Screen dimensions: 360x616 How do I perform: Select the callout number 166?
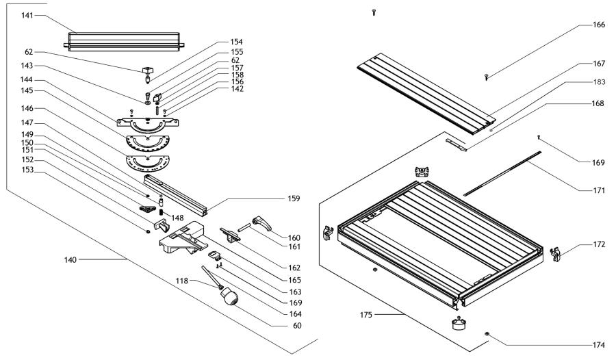click(x=598, y=25)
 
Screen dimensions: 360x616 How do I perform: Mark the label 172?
click(x=598, y=244)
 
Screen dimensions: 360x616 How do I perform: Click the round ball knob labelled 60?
click(x=229, y=296)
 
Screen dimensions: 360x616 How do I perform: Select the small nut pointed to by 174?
click(x=487, y=333)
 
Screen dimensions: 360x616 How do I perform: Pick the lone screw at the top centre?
click(x=374, y=12)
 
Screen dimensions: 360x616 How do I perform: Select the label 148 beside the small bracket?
click(x=177, y=219)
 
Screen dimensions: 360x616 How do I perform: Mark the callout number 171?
click(x=598, y=190)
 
